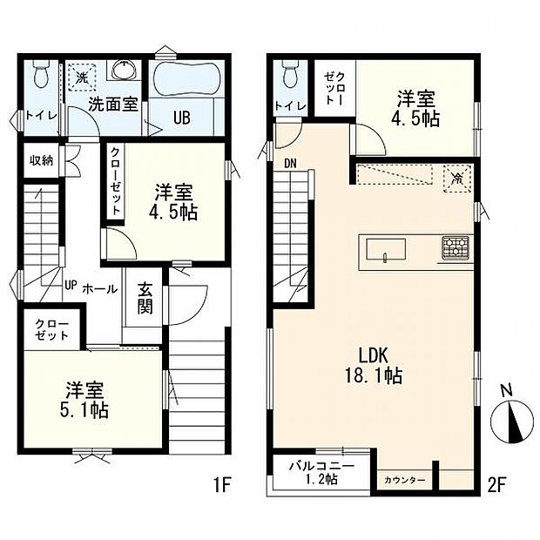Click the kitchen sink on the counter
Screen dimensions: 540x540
tap(381, 249)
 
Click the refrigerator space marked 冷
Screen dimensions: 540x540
tap(456, 177)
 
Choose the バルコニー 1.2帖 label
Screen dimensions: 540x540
tap(321, 474)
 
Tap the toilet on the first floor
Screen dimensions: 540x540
tap(39, 78)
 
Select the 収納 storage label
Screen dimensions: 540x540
tap(41, 159)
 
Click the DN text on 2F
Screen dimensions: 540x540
tap(289, 162)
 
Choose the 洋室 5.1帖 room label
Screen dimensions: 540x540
tap(84, 400)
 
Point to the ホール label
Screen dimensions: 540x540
tap(100, 288)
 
